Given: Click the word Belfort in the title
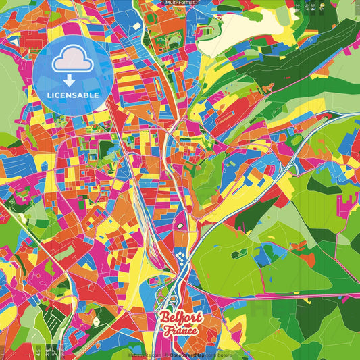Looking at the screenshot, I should [181, 319].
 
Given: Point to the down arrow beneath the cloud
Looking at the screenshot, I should [70, 80].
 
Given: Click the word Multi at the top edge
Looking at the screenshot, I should [171, 3].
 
